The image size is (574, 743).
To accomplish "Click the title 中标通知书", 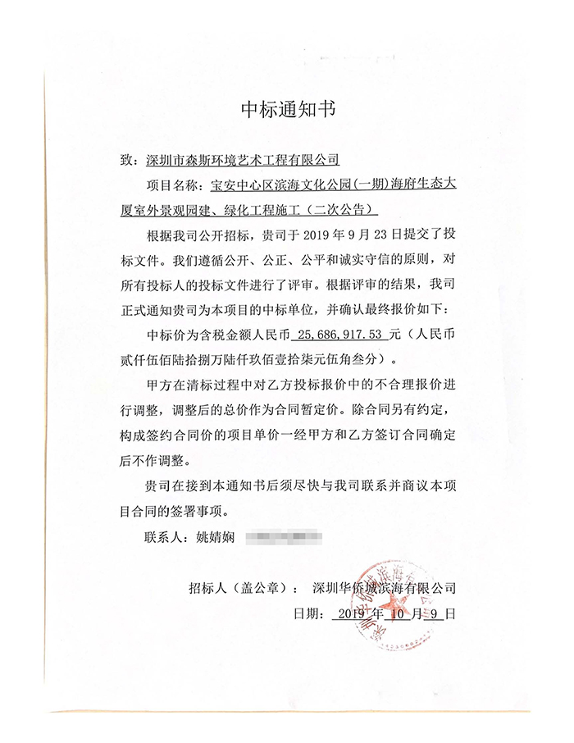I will pos(287,109).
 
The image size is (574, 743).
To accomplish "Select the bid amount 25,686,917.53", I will pos(341,335).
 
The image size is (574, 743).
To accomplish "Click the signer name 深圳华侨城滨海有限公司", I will pos(384,588).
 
